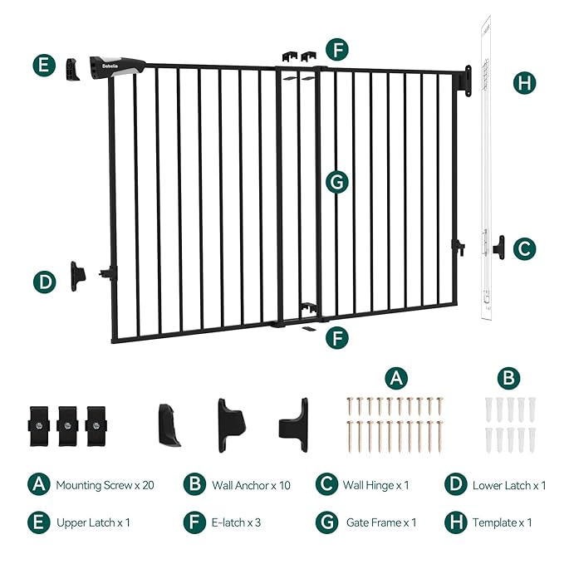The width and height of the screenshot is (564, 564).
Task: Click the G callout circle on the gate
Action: pyautogui.click(x=336, y=182)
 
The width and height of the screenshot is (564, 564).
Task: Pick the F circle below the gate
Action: pyautogui.click(x=336, y=338)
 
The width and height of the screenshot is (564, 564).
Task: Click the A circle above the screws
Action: pyautogui.click(x=397, y=378)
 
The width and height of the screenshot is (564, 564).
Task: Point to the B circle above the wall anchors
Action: pyautogui.click(x=508, y=378)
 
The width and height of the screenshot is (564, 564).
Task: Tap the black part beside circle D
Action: pyautogui.click(x=79, y=274)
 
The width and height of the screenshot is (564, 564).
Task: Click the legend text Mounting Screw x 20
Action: pyautogui.click(x=105, y=485)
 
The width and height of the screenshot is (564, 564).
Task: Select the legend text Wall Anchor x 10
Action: pyautogui.click(x=248, y=485)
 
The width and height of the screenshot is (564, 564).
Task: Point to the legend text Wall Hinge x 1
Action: pyautogui.click(x=375, y=485)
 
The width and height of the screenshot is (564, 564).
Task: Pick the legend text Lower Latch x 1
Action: pyautogui.click(x=509, y=485)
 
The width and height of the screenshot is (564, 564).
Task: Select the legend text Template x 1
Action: pyautogui.click(x=502, y=523)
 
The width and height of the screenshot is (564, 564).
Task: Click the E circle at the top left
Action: pyautogui.click(x=46, y=66)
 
